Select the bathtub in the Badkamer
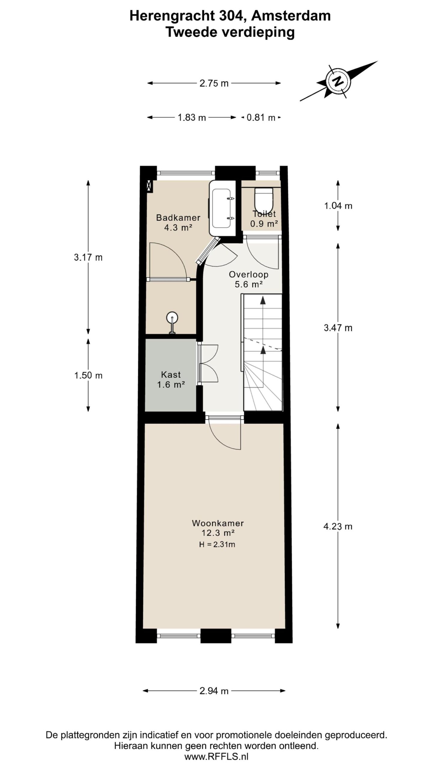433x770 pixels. click(x=223, y=208)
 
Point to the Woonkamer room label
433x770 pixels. click(x=218, y=523)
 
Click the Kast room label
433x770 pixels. click(x=171, y=374)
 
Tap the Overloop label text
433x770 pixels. click(x=249, y=274)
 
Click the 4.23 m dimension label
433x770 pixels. click(x=338, y=526)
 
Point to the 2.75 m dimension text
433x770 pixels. click(x=214, y=83)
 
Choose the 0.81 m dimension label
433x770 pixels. click(x=261, y=117)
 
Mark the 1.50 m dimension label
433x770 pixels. click(x=88, y=375)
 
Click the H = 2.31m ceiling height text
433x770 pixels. click(x=217, y=544)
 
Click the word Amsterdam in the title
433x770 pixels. click(x=291, y=16)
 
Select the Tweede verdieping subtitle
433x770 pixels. click(x=230, y=32)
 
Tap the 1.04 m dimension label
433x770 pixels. click(x=338, y=206)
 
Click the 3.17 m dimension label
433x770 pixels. click(x=88, y=257)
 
